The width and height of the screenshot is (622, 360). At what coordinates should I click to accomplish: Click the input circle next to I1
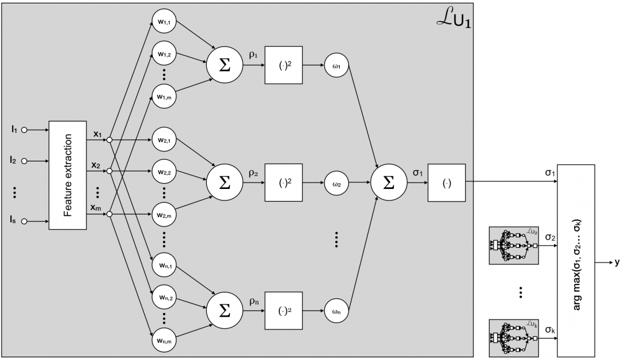click(x=24, y=130)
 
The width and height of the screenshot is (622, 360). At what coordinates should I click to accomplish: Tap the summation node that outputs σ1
click(x=389, y=183)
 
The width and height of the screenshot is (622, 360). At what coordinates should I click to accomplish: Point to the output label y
click(x=616, y=262)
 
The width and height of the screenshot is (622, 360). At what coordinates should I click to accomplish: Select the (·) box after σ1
click(x=446, y=183)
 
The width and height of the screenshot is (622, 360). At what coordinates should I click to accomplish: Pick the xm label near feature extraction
click(x=97, y=207)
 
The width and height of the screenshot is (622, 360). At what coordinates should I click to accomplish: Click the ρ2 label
click(x=253, y=172)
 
